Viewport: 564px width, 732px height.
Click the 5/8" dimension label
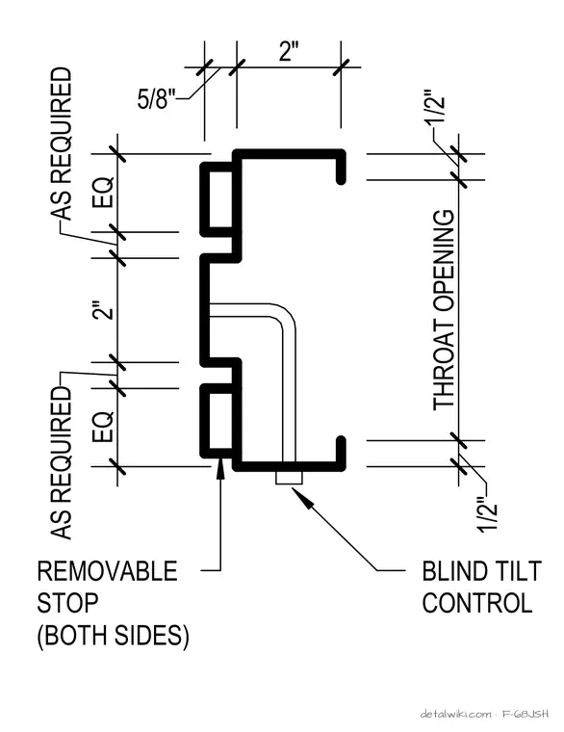tap(156, 98)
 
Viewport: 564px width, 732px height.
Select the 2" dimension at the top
tap(289, 51)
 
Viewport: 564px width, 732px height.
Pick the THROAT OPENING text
tap(444, 310)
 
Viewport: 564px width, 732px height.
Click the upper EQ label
tap(103, 192)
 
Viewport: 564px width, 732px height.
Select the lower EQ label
tap(103, 427)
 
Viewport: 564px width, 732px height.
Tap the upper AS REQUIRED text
tap(62, 144)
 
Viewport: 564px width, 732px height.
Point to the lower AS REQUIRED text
tap(62, 463)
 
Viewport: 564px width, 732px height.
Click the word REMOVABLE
tap(107, 571)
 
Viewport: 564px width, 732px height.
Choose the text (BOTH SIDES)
tap(113, 635)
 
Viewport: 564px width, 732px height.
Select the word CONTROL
tap(477, 603)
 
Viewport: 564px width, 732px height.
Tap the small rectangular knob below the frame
tap(289, 478)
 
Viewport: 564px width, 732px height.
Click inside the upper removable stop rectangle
tap(220, 199)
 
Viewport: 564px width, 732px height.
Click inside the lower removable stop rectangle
tap(220, 421)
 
